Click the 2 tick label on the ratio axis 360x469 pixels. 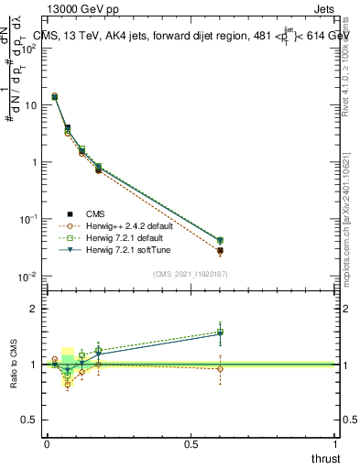pos(34,309)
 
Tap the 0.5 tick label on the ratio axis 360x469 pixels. pos(30,420)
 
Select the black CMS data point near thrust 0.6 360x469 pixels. pos(220,250)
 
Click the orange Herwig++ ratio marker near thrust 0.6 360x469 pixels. pos(220,369)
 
